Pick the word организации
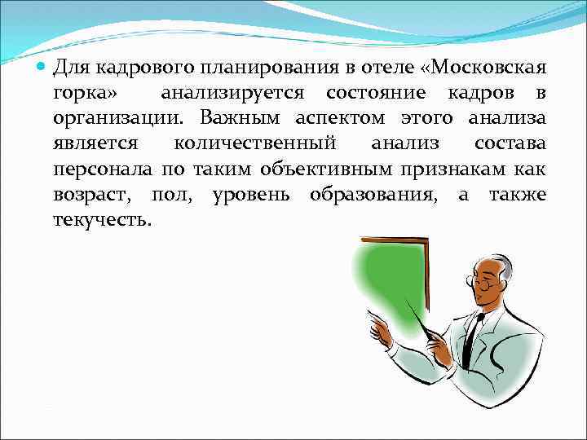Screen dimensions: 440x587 pos(102,119)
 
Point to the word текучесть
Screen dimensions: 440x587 pos(102,222)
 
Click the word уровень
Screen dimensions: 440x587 pos(255,196)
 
